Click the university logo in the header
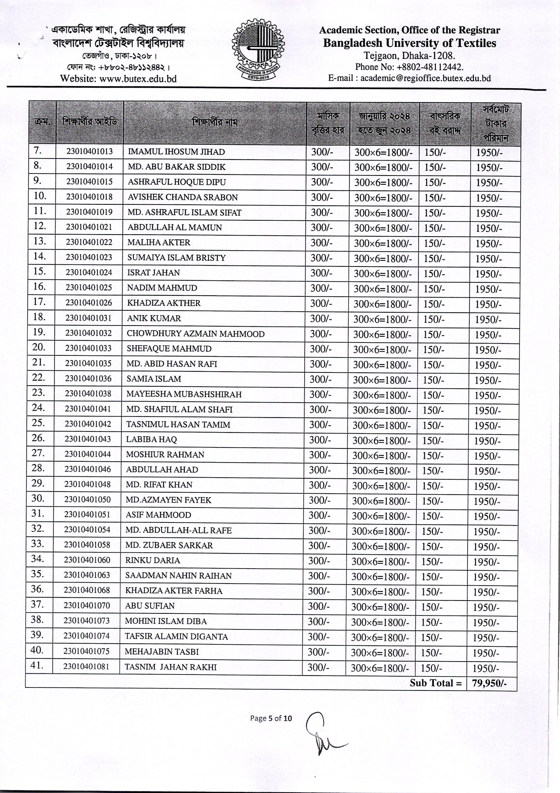(x=258, y=53)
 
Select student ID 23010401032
(x=89, y=333)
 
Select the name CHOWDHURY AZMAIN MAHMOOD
(x=195, y=334)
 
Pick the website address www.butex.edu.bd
(x=138, y=79)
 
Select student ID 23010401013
(x=89, y=152)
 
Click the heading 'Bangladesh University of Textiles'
(x=409, y=43)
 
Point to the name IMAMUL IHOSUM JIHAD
(x=176, y=152)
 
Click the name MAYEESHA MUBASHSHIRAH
(x=184, y=394)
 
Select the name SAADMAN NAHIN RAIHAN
(x=178, y=576)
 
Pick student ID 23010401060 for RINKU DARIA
(x=87, y=560)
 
